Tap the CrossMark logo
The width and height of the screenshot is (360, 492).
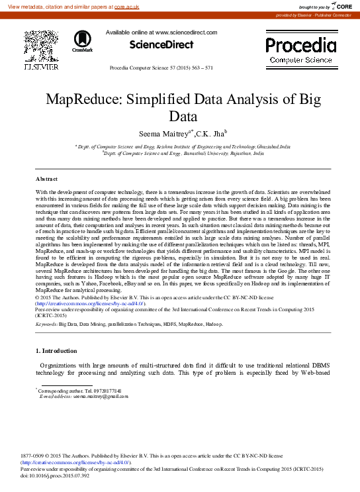click(82, 41)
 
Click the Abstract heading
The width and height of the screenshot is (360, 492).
click(46, 179)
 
